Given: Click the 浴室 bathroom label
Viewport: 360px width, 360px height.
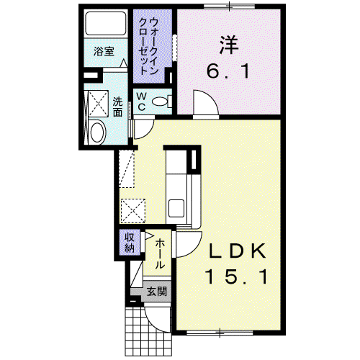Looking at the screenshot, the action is [x=104, y=51].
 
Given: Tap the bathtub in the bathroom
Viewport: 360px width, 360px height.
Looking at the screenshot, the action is [x=106, y=23].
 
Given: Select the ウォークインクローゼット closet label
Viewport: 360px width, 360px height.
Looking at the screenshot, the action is [x=148, y=46].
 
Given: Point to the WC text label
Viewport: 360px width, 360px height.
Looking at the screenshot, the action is [x=142, y=102].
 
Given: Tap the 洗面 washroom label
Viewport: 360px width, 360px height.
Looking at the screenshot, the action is [x=117, y=107].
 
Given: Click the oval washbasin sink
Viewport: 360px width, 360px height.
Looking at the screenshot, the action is [x=96, y=132].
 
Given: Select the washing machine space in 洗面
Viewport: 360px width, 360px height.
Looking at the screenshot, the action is [x=98, y=104].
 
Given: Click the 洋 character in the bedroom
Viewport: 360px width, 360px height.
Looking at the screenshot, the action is [x=229, y=45].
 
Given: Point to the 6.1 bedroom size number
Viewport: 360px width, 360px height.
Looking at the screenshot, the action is [x=228, y=71].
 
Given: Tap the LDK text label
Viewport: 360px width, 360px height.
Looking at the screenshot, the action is [x=238, y=251].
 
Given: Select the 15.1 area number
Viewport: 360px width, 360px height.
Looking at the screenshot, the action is [x=236, y=276].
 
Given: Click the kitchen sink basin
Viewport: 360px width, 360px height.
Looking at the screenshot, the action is [x=176, y=208].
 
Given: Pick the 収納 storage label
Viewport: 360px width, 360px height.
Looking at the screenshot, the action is [x=130, y=243].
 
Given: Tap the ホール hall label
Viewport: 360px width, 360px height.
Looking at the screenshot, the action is [x=160, y=254].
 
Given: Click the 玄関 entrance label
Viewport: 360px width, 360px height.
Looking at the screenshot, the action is [x=157, y=292].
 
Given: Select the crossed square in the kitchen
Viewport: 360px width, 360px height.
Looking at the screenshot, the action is [x=133, y=211].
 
